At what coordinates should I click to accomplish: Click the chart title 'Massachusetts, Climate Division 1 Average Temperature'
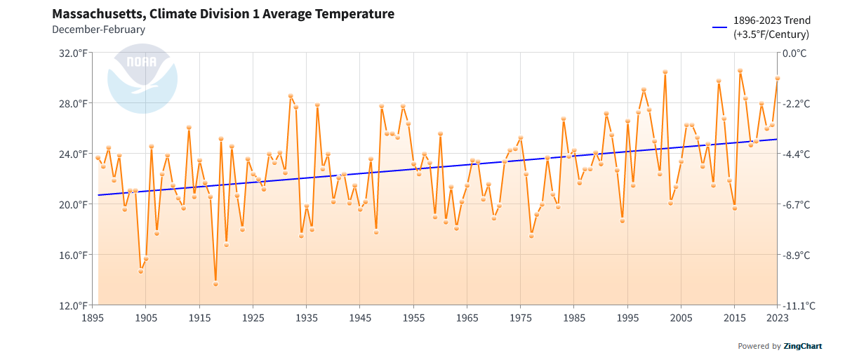click(223, 14)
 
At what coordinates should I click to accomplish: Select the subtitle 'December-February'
click(98, 29)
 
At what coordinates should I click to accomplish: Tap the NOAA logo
click(142, 79)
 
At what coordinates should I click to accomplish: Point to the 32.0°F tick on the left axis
click(73, 53)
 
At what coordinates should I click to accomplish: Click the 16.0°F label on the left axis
click(73, 255)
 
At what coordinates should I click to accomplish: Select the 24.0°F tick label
click(73, 154)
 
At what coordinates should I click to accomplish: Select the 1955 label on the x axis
click(413, 318)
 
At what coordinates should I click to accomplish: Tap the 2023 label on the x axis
click(777, 318)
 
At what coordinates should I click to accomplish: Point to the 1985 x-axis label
click(574, 318)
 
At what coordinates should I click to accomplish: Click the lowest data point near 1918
click(215, 284)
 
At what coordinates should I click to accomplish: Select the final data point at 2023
click(777, 79)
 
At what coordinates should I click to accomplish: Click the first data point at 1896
click(98, 158)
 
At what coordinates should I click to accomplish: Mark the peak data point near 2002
click(665, 72)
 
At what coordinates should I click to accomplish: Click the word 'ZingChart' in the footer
click(803, 346)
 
